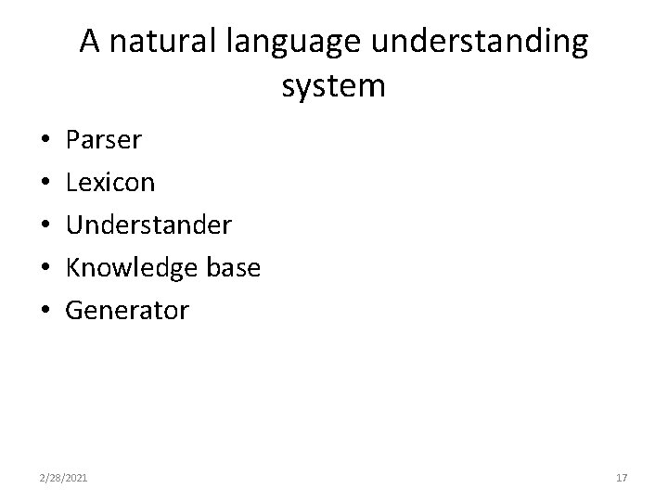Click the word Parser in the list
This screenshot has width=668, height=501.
click(x=104, y=140)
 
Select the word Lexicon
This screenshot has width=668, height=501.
click(x=110, y=183)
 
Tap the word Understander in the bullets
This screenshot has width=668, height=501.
click(x=148, y=225)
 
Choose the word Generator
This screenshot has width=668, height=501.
click(x=127, y=311)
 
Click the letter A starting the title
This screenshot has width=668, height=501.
click(x=90, y=42)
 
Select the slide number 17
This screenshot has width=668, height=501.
click(x=622, y=477)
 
